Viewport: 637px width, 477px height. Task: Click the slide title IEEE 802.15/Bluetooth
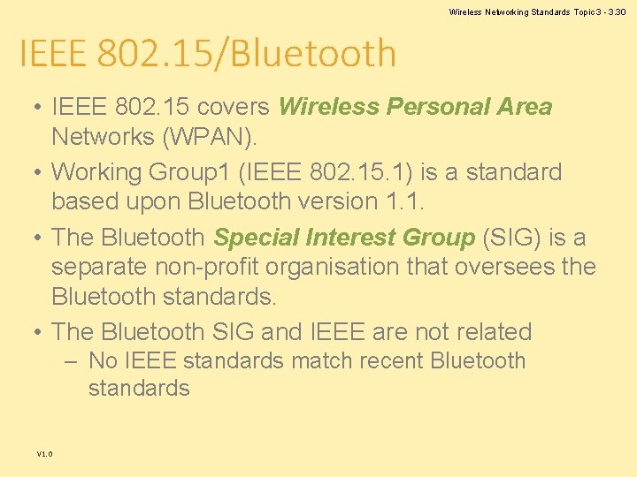point(207,55)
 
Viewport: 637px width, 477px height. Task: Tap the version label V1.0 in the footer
point(44,454)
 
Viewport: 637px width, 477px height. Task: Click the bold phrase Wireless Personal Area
point(415,107)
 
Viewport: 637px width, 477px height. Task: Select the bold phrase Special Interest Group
point(344,238)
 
